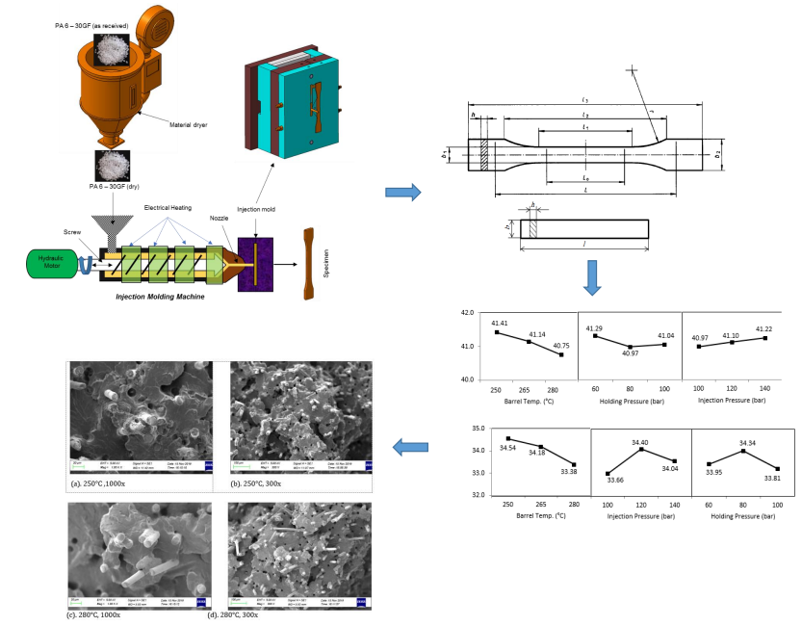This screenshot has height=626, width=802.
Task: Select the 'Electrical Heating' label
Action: pyautogui.click(x=168, y=208)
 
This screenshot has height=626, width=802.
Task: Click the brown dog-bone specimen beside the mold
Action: pyautogui.click(x=308, y=261)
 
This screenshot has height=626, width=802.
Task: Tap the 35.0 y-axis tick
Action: pyautogui.click(x=470, y=429)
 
